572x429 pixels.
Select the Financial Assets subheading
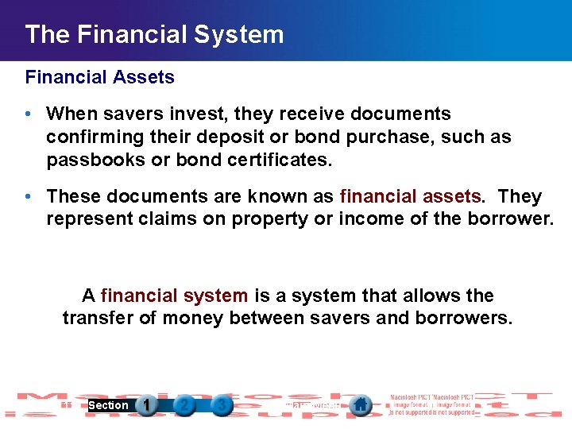pyautogui.click(x=100, y=77)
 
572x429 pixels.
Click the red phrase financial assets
pyautogui.click(x=410, y=196)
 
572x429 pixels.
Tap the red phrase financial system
pyautogui.click(x=175, y=296)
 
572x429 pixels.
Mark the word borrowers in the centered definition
pyautogui.click(x=466, y=319)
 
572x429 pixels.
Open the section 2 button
pyautogui.click(x=184, y=405)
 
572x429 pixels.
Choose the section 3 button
pyautogui.click(x=222, y=405)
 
